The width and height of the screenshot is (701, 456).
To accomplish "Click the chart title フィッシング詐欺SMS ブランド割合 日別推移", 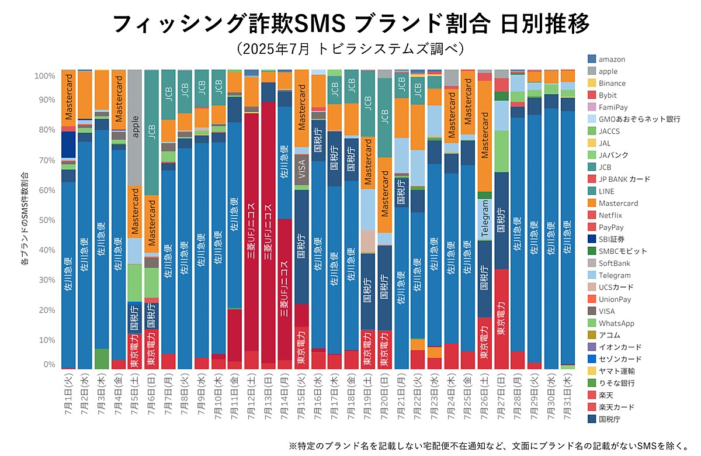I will pyautogui.click(x=350, y=25).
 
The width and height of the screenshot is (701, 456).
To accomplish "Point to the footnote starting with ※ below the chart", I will pyautogui.click(x=488, y=445).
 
